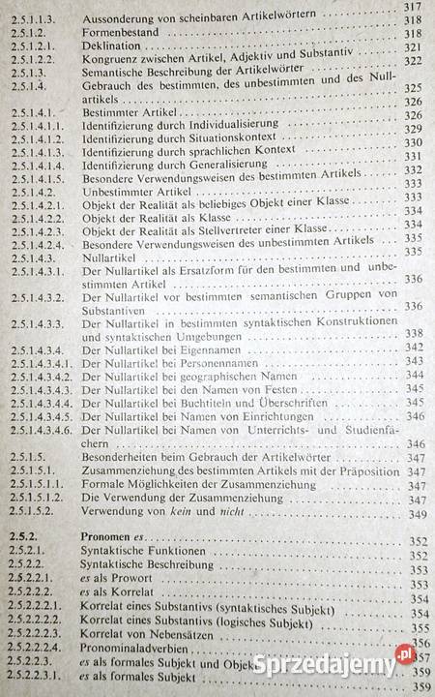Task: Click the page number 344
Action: point(414,375)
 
